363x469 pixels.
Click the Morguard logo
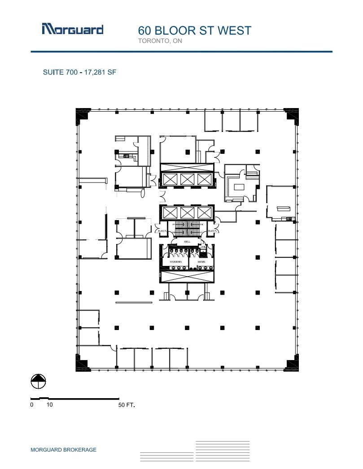point(72,29)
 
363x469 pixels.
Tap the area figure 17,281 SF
point(100,72)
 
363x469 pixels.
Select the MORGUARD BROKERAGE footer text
point(63,450)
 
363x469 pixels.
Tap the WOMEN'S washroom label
point(175,261)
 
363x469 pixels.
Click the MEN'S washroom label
point(201,261)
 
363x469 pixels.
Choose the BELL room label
point(187,241)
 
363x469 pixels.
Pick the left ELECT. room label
point(162,231)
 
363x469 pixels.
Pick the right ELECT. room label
point(212,231)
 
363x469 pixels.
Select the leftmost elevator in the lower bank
point(171,212)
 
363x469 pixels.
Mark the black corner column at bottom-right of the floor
point(291,364)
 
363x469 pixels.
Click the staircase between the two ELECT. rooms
point(187,229)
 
